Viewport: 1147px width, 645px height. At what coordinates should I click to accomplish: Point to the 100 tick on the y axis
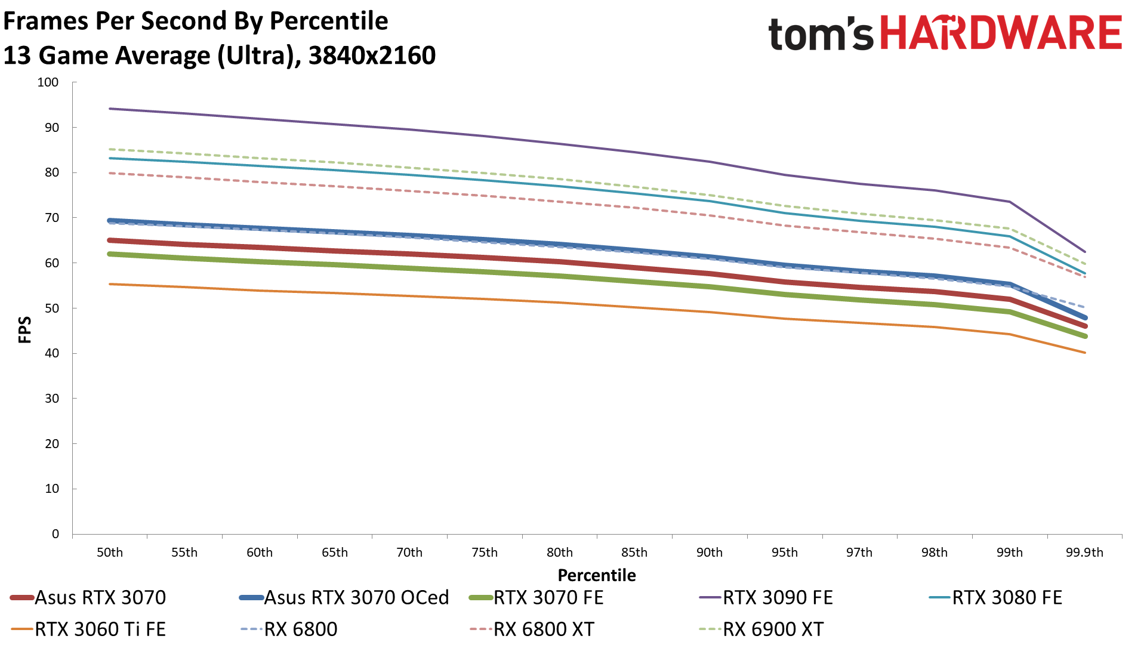[48, 82]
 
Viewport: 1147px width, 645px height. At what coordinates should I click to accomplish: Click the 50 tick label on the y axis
[52, 308]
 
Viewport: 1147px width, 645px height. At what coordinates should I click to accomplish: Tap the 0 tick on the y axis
[55, 534]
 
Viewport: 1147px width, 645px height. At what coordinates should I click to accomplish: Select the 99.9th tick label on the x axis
[1084, 553]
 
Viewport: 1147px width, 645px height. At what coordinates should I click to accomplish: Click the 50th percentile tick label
[110, 553]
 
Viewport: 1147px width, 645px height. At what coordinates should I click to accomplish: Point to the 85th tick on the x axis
[634, 553]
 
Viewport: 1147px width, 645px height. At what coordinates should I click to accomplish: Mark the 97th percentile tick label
[859, 553]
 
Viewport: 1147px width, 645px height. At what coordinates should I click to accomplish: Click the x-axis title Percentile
[597, 575]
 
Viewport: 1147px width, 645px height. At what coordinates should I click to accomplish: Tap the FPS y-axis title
[24, 330]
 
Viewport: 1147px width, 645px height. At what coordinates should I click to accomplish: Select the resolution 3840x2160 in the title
[372, 55]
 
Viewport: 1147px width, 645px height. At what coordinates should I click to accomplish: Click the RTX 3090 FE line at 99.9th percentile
[1084, 252]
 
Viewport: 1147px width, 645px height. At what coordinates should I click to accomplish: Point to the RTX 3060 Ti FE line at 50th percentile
[110, 284]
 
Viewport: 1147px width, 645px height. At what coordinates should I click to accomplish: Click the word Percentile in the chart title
[329, 21]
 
